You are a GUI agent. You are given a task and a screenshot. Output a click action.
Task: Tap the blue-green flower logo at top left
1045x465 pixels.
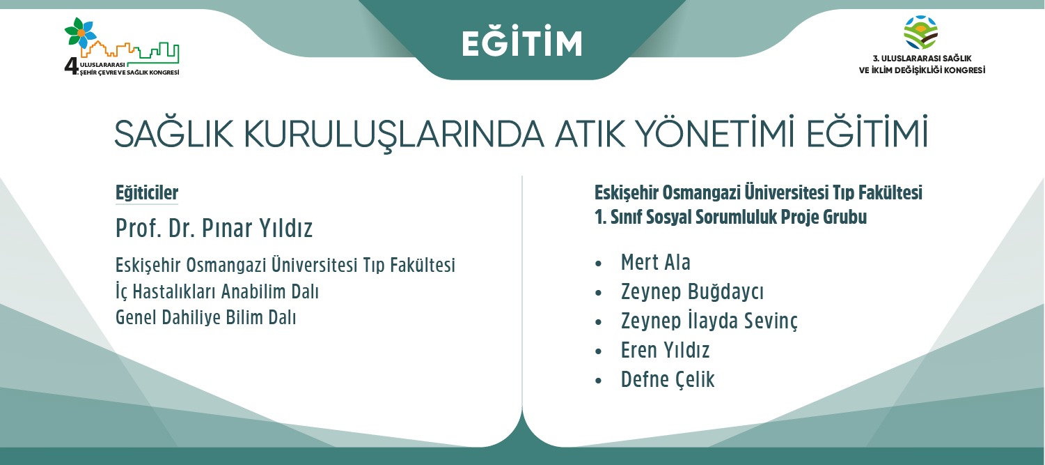click(x=81, y=33)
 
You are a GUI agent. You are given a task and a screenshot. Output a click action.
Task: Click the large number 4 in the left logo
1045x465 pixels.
click(x=72, y=67)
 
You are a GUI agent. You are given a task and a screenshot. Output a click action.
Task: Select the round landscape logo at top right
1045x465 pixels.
click(x=921, y=32)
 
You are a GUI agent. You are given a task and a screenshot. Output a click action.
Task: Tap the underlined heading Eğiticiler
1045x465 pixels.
click(x=147, y=193)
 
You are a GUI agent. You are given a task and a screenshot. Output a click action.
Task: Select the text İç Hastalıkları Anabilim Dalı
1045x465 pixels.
click(x=217, y=292)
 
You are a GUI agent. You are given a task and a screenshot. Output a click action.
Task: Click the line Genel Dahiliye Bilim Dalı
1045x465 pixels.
click(x=206, y=318)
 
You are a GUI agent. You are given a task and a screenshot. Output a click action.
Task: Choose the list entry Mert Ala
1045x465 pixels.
click(x=655, y=262)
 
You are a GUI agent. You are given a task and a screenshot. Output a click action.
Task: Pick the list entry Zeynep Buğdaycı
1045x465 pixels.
click(x=692, y=291)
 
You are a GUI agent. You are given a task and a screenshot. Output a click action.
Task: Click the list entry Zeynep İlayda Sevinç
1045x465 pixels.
click(x=709, y=321)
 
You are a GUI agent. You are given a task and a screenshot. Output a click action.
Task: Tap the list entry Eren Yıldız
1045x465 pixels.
click(x=666, y=350)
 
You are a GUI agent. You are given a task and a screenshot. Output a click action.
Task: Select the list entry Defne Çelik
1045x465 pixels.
click(x=668, y=379)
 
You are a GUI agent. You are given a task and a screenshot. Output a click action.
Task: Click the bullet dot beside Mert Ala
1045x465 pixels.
click(x=599, y=264)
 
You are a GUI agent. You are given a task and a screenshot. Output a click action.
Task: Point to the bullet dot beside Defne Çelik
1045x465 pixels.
click(x=599, y=381)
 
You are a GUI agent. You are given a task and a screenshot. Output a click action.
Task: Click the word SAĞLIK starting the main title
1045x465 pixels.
click(x=173, y=133)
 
